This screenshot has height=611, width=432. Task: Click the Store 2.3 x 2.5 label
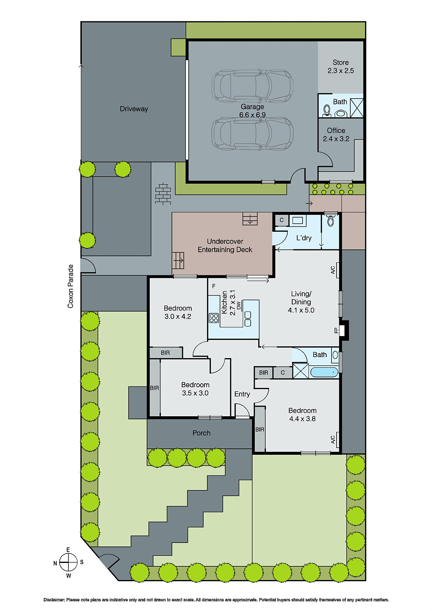pyautogui.click(x=340, y=66)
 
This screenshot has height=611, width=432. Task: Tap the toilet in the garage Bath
pyautogui.click(x=327, y=111)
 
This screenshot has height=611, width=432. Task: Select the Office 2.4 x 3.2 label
pyautogui.click(x=336, y=134)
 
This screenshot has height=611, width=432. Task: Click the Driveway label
pyautogui.click(x=134, y=109)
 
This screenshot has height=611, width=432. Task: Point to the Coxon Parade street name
pyautogui.click(x=70, y=286)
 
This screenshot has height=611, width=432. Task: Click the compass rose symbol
pyautogui.click(x=68, y=563)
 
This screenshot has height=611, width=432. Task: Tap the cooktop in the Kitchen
pyautogui.click(x=214, y=318)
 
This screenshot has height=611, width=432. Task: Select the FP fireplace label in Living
pyautogui.click(x=337, y=330)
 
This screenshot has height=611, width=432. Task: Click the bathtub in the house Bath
pyautogui.click(x=324, y=372)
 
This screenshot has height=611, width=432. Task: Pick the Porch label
pyautogui.click(x=201, y=433)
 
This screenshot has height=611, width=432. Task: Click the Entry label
pyautogui.click(x=242, y=394)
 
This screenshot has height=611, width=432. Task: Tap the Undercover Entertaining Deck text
pyautogui.click(x=225, y=246)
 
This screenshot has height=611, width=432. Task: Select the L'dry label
pyautogui.click(x=304, y=238)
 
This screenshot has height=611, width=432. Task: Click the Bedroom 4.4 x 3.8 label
pyautogui.click(x=302, y=415)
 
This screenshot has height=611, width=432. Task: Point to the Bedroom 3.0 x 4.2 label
pyautogui.click(x=178, y=312)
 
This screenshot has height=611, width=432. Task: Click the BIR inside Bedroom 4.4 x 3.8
pyautogui.click(x=260, y=430)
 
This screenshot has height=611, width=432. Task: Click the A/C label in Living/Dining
pyautogui.click(x=333, y=270)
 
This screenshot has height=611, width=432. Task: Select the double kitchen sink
pyautogui.click(x=248, y=319)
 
